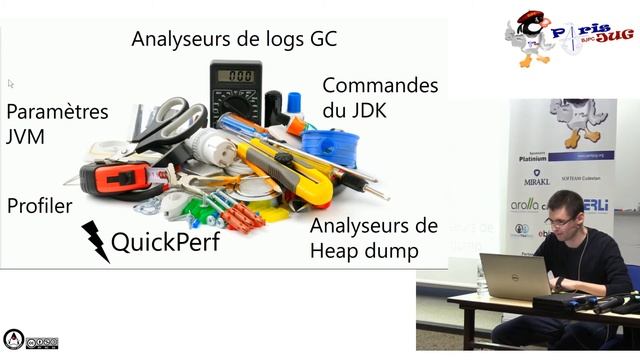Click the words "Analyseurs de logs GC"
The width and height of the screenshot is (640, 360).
[x=235, y=40]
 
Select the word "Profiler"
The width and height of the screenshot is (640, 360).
[x=40, y=206]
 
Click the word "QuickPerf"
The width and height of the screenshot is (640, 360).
[x=165, y=241]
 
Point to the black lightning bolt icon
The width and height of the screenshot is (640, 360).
[x=95, y=241]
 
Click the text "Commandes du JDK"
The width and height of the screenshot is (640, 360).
[x=380, y=97]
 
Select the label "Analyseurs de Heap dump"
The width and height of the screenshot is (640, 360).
[x=373, y=238]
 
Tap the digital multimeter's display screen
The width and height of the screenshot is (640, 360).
[x=236, y=76]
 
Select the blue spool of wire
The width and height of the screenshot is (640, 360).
[x=330, y=148]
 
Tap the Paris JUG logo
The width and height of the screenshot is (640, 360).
[x=569, y=39]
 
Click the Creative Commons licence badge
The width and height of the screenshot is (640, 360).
[x=30, y=341]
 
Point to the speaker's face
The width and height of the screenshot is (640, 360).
[x=561, y=217]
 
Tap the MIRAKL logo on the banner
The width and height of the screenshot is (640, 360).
[x=537, y=181]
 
